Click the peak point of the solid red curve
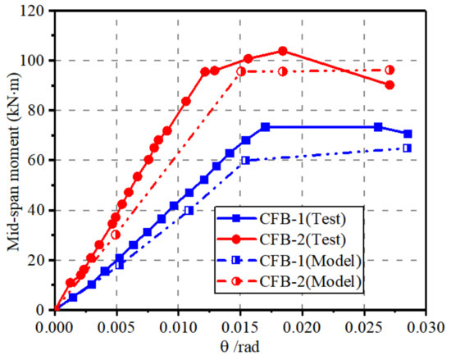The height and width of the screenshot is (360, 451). coord(283,51)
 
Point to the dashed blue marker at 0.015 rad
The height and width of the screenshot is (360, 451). coord(245,160)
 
